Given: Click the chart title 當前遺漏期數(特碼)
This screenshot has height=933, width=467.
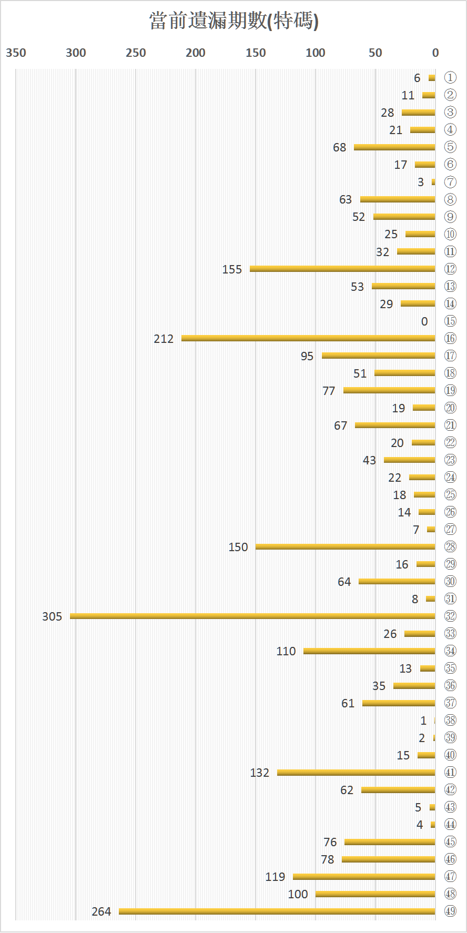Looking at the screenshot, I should pyautogui.click(x=233, y=21).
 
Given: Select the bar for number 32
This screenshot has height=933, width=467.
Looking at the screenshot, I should pyautogui.click(x=252, y=616).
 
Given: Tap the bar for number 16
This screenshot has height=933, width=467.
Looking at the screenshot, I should pyautogui.click(x=308, y=338).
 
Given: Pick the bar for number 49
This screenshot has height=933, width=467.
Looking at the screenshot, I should pyautogui.click(x=277, y=911).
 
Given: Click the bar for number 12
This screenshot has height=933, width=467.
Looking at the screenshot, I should pyautogui.click(x=342, y=269).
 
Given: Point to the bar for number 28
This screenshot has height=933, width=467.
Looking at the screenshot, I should pyautogui.click(x=346, y=546).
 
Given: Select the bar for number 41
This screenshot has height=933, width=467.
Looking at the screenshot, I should pyautogui.click(x=356, y=772).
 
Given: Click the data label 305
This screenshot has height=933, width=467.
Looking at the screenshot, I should pyautogui.click(x=52, y=616).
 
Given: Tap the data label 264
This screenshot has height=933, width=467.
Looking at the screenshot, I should pyautogui.click(x=101, y=911).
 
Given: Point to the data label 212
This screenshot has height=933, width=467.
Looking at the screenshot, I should pyautogui.click(x=164, y=339).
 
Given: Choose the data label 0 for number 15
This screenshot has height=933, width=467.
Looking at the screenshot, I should pyautogui.click(x=424, y=321).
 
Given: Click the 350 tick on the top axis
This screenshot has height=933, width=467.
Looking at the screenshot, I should pyautogui.click(x=16, y=53).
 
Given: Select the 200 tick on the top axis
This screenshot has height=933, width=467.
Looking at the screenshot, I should pyautogui.click(x=196, y=53).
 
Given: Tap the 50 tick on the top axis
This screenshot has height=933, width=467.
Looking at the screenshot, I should pyautogui.click(x=375, y=53).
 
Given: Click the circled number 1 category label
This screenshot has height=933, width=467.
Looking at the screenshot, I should pyautogui.click(x=450, y=78).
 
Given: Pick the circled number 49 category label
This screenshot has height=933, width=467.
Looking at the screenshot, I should pyautogui.click(x=450, y=911).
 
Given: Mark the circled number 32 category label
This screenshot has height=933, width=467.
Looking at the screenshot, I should pyautogui.click(x=450, y=616).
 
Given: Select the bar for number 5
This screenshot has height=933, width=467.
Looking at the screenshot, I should pyautogui.click(x=394, y=147).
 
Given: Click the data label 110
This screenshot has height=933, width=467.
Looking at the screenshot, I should pyautogui.click(x=286, y=651).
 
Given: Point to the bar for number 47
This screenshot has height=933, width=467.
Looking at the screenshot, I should pyautogui.click(x=364, y=876).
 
